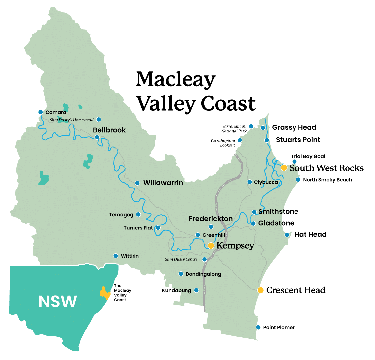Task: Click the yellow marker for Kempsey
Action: pos(211,246)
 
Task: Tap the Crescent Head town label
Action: pos(295,290)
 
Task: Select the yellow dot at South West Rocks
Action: pos(284,168)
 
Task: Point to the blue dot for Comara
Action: pos(40,112)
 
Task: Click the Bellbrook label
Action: pos(109,130)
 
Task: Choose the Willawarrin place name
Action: pos(163,183)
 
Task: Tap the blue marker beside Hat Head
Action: pos(287,235)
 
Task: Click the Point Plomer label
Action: pos(279,327)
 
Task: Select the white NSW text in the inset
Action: pos(58,301)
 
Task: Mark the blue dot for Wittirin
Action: pos(116,256)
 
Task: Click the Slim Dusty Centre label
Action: pos(181,259)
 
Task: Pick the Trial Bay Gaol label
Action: pos(308,156)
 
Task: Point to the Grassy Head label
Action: pos(294,127)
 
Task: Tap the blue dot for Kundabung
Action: pos(196,290)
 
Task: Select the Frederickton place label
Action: pos(211,219)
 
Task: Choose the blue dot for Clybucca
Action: pos(249,182)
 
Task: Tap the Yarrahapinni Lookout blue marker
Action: pos(240,140)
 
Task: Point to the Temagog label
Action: pos(121,215)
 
